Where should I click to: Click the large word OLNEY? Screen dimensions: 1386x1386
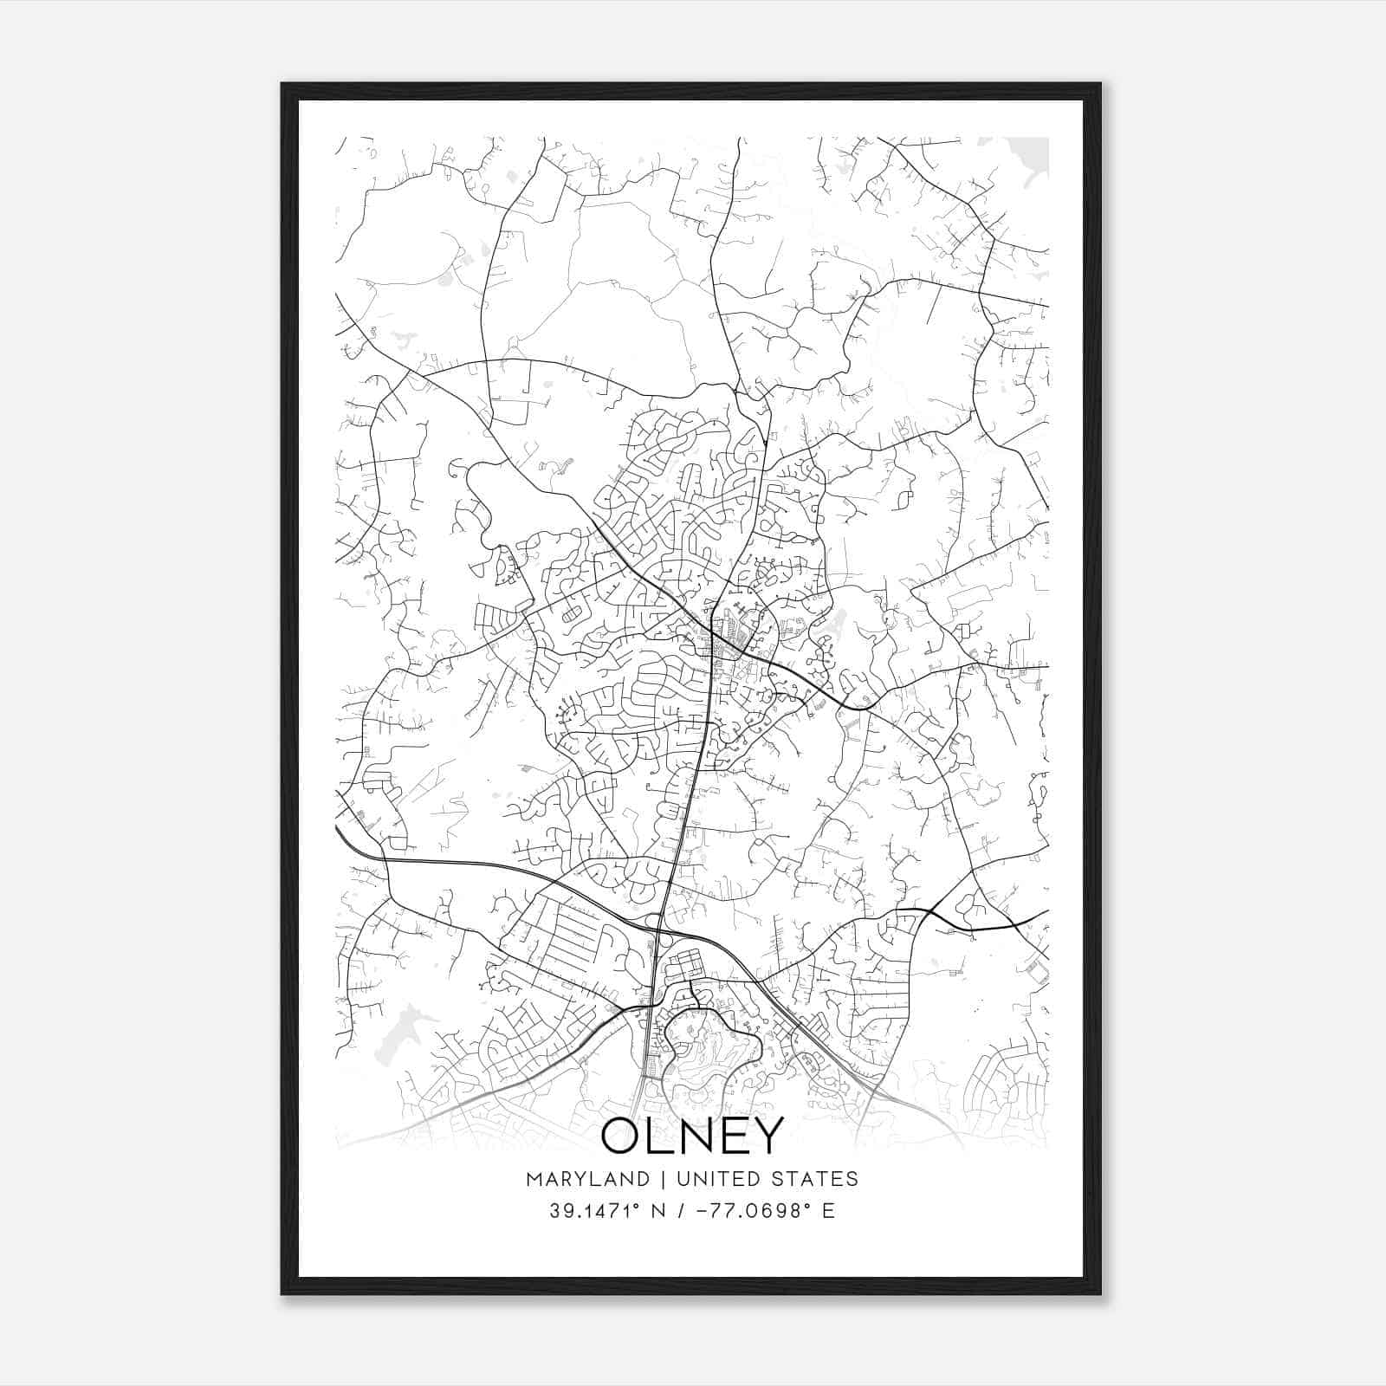pyautogui.click(x=691, y=1136)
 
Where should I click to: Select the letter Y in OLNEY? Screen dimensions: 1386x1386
pyautogui.click(x=766, y=1136)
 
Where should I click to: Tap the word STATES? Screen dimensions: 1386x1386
pyautogui.click(x=818, y=1179)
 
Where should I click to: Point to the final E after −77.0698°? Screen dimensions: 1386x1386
pyautogui.click(x=829, y=1211)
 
